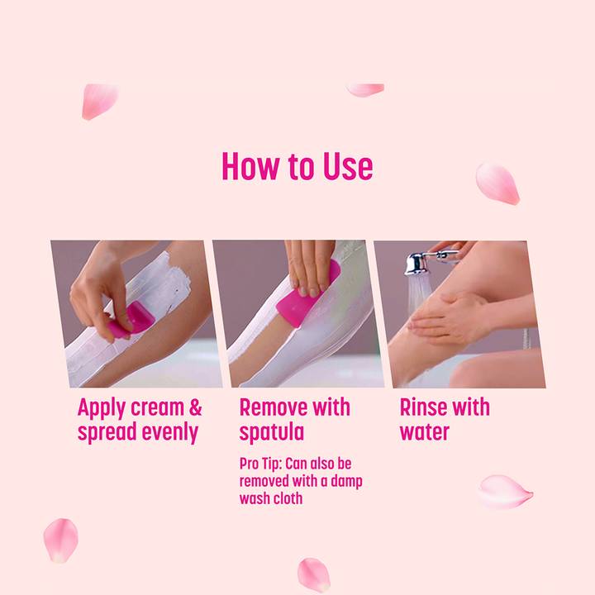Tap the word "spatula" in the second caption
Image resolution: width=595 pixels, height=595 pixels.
(272, 433)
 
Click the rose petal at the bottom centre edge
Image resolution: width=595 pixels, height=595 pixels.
(313, 574)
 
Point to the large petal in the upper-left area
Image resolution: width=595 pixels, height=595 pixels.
(99, 100)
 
